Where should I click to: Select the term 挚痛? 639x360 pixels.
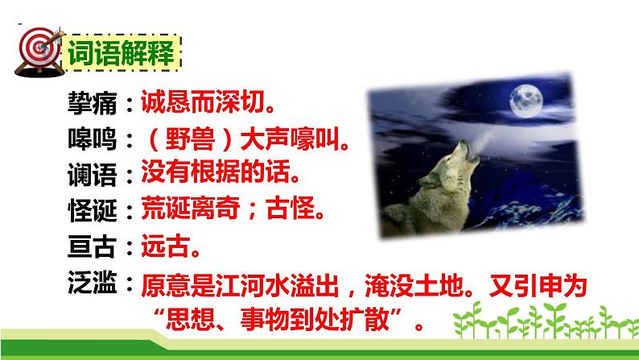93,104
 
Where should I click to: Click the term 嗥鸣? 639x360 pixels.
93,140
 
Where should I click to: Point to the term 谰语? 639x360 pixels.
93,176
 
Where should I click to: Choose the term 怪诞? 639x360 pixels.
93,211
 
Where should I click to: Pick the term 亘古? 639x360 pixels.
93,247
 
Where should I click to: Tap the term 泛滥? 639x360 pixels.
93,282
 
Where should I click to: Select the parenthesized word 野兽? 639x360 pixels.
190,140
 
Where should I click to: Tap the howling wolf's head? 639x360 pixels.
470,153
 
